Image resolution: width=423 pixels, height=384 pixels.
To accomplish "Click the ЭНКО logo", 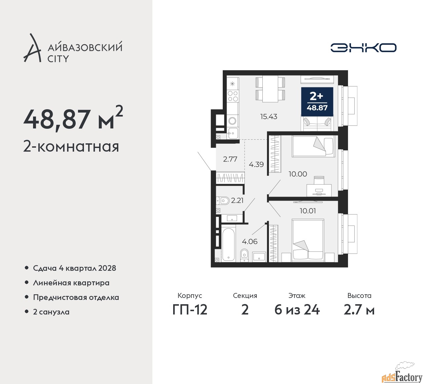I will (x=363, y=48).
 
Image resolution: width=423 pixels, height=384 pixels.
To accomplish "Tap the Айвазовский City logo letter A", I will (x=32, y=48).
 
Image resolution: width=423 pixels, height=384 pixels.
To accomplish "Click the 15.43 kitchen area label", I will (x=268, y=117).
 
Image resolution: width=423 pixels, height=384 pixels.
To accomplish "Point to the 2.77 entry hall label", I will (x=230, y=159).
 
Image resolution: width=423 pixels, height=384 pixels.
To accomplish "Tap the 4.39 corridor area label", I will (x=256, y=165).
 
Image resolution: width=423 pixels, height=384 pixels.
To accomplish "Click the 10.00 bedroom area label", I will (x=298, y=174).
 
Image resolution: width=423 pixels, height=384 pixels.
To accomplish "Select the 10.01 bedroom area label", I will (x=308, y=211).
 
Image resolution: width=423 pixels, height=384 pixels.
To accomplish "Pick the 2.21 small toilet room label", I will (x=237, y=200).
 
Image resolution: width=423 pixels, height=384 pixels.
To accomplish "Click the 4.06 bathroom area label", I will (x=250, y=242).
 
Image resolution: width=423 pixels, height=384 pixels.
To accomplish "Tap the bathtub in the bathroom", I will (x=228, y=244).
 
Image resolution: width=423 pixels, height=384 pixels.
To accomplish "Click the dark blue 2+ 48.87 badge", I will (x=317, y=101).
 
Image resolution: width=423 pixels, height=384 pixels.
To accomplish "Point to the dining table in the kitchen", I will (x=270, y=89).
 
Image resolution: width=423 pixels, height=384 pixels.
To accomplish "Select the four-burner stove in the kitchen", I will (x=233, y=96).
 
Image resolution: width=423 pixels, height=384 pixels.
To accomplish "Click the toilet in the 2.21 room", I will (x=223, y=200).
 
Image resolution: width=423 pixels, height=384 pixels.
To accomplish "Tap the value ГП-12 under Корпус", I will (x=190, y=310).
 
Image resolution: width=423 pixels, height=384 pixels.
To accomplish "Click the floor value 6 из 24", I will (x=297, y=310).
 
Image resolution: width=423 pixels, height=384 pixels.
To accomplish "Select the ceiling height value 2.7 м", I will (x=359, y=310).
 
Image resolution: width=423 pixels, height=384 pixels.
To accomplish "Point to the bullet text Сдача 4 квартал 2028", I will (x=74, y=268).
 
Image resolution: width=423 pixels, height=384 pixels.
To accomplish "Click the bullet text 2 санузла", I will (x=51, y=312).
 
